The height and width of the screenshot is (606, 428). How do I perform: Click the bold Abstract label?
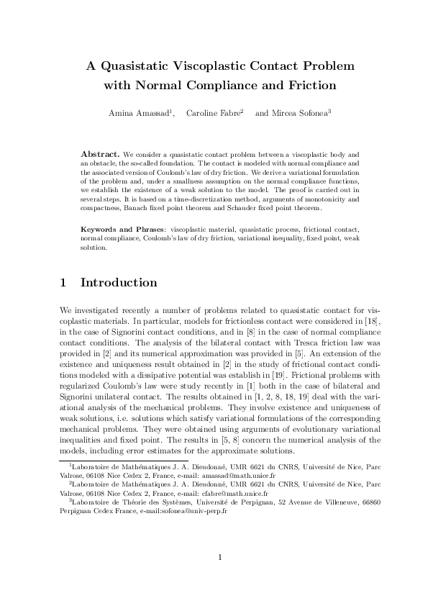click(x=100, y=154)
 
